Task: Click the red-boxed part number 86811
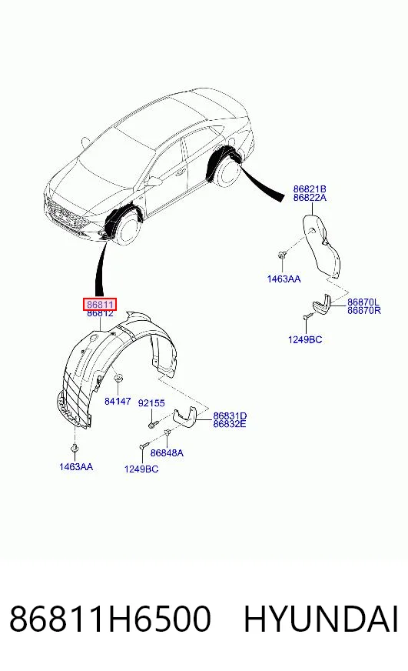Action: [x=100, y=304]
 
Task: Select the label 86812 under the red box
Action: [x=100, y=313]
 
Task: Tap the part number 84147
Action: [x=118, y=401]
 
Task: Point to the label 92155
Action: [x=151, y=403]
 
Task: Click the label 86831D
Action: [x=230, y=416]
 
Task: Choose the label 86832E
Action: [x=230, y=424]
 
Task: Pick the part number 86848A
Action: [x=167, y=452]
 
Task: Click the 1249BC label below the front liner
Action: [x=141, y=469]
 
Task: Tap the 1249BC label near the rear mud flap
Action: [x=305, y=340]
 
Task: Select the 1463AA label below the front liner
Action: [x=75, y=467]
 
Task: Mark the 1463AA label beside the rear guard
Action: [x=284, y=279]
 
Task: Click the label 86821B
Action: [x=310, y=189]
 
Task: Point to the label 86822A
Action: [x=310, y=197]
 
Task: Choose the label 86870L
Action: [x=363, y=302]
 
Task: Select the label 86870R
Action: [x=364, y=310]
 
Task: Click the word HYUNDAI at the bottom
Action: [x=321, y=619]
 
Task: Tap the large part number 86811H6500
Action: [x=110, y=619]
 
